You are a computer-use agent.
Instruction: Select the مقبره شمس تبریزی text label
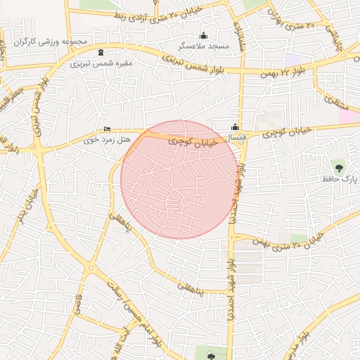pos(101,63)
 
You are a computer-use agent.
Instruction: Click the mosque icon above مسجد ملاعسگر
pos(204,36)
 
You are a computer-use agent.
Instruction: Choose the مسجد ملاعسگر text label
pos(204,46)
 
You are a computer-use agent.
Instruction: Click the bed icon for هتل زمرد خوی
pos(107,129)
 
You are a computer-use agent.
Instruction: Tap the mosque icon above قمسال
pos(234,127)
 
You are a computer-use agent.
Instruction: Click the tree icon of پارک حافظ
pos(340,167)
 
